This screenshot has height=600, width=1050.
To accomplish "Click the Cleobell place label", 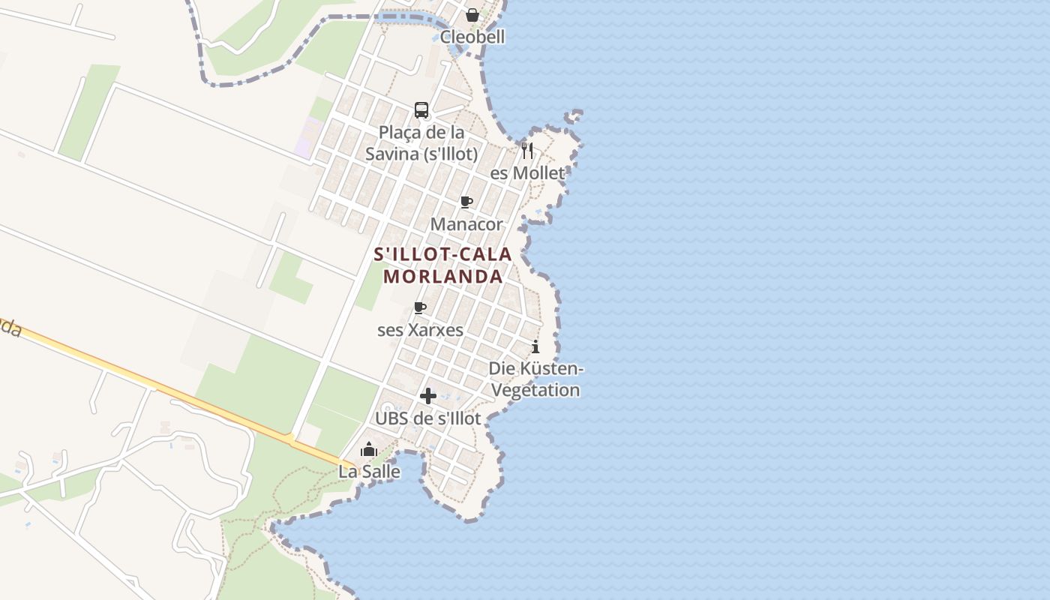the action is [472, 37].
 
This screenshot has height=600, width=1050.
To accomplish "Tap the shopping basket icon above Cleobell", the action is [472, 15].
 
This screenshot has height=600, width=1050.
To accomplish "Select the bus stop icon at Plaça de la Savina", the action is [421, 110].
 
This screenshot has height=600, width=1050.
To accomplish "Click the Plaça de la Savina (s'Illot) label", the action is [421, 143].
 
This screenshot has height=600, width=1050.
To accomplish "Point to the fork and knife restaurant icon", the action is [527, 150].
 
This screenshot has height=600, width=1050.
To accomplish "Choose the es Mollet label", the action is [526, 173].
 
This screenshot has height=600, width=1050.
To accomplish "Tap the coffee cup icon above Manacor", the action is [466, 202].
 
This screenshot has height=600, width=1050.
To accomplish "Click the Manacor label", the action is [466, 224].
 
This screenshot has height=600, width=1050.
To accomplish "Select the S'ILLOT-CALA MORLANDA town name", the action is [442, 265].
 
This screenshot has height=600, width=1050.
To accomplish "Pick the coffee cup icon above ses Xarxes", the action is [420, 307].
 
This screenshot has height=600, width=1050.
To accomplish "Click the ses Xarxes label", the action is [420, 330].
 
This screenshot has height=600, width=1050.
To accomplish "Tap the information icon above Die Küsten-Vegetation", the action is [535, 346].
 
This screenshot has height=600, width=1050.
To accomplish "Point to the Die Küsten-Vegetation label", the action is [535, 379].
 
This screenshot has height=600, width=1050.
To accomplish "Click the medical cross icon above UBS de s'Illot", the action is [428, 396].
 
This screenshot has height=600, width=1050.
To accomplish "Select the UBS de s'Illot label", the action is [427, 418].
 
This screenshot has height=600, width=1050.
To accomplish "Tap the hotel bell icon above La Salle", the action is [369, 450].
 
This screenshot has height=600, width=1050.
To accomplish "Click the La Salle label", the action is [369, 472].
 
